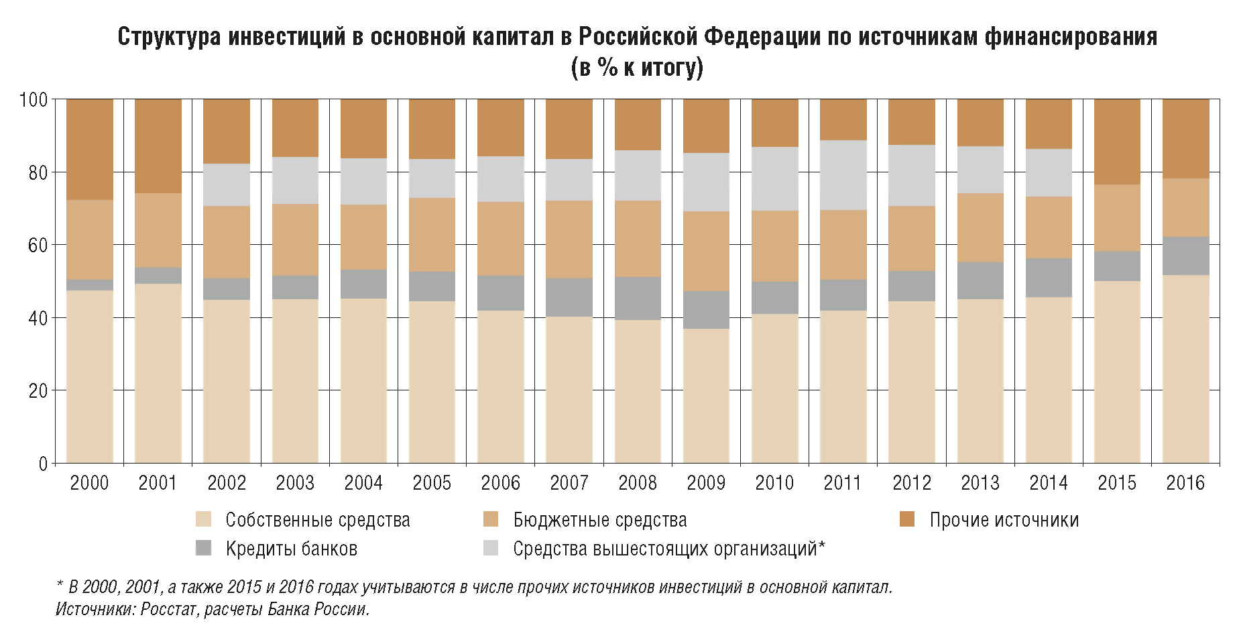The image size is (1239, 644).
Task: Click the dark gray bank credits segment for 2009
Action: (706, 309)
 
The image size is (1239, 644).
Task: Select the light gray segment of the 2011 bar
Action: (843, 175)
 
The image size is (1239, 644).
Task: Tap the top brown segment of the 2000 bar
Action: (90, 149)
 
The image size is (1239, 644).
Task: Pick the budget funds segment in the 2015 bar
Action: (1117, 218)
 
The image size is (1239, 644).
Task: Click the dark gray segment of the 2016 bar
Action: (1185, 256)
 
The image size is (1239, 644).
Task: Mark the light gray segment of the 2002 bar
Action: (227, 184)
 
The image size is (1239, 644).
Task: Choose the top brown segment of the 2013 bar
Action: (980, 122)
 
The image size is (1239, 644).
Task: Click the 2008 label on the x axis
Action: (638, 483)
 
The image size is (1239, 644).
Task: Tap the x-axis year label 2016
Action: (1185, 483)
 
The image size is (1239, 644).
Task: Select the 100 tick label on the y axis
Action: (34, 100)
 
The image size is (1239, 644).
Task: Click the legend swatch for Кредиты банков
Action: (204, 548)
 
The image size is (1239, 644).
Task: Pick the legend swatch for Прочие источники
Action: (907, 519)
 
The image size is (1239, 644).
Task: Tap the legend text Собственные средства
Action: (317, 520)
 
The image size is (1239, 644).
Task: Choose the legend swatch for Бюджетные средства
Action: (491, 519)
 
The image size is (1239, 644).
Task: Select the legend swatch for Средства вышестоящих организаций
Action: (491, 548)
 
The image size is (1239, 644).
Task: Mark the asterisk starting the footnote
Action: (60, 586)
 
